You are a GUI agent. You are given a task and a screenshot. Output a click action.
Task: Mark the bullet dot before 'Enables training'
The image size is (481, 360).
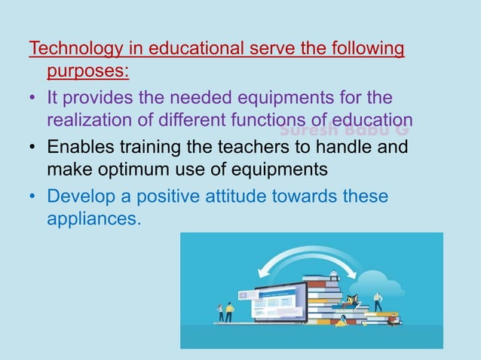(x=32, y=148)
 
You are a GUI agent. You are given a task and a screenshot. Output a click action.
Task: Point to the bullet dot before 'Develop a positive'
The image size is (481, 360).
(x=32, y=197)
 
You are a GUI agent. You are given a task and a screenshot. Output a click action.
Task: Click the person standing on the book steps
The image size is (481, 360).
(x=378, y=301)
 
